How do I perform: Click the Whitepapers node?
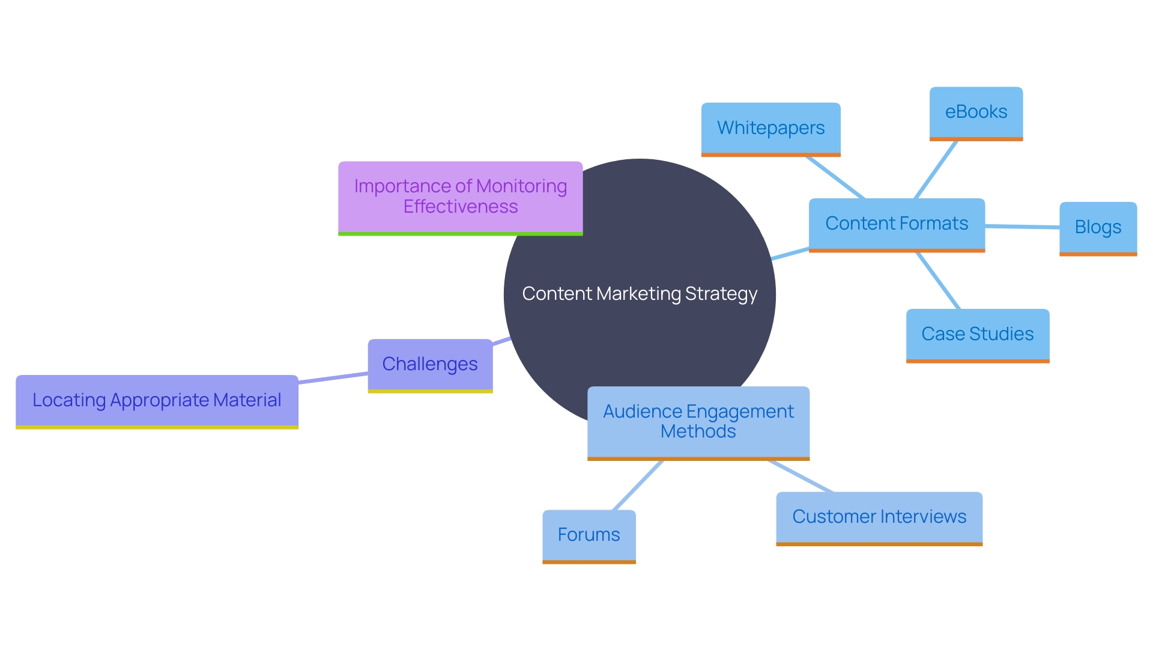770,129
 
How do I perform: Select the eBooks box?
976,113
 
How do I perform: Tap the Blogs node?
1098,228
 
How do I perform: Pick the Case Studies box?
977,335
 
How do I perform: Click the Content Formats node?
896,224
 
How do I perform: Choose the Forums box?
589,535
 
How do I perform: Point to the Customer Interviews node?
879,517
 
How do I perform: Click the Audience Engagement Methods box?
698,422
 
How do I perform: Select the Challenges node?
430,365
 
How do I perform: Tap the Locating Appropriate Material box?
157,401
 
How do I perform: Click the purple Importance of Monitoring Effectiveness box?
460,197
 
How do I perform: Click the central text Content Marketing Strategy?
640,294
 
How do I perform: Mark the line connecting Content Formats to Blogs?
1022,227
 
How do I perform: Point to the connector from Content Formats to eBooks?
936,169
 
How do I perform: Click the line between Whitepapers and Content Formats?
835,177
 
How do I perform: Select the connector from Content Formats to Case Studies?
938,281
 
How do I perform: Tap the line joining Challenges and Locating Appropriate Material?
333,378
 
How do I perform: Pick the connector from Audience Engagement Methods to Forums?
638,486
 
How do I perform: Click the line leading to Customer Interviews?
800,477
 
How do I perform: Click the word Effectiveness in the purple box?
460,207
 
